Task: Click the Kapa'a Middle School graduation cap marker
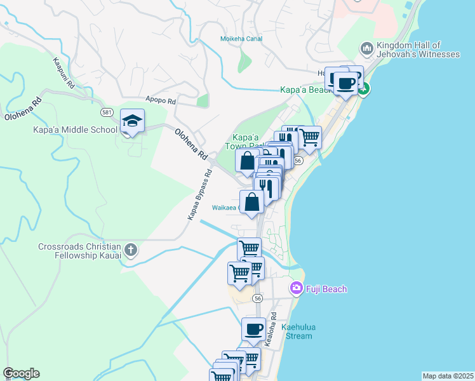[133, 121]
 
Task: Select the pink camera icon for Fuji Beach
[296, 289]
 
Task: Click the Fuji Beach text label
[326, 290]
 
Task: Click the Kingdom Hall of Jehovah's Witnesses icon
[366, 49]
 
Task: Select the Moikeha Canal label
[241, 39]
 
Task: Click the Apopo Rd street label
[160, 100]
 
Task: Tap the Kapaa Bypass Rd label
[199, 196]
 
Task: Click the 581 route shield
[107, 112]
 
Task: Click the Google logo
[21, 373]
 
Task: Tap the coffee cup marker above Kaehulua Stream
[253, 329]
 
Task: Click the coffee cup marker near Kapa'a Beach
[345, 83]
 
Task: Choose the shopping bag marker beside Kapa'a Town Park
[246, 161]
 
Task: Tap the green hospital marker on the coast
[363, 90]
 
